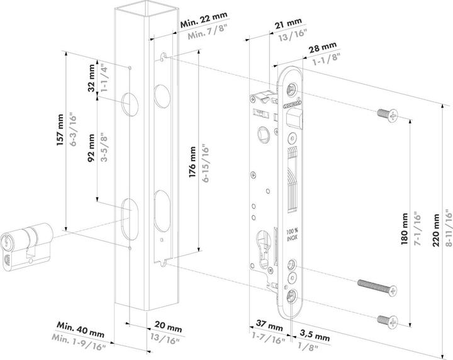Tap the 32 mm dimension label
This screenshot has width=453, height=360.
92,77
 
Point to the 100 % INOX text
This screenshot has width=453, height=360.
293,235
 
